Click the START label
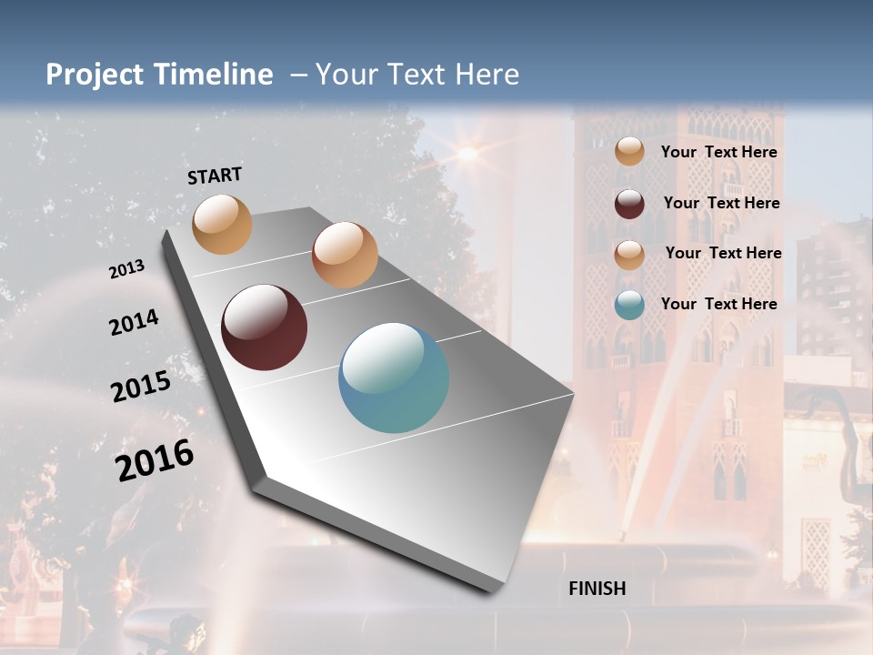tap(215, 176)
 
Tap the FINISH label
tap(597, 589)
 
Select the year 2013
tap(126, 269)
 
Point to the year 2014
tap(134, 322)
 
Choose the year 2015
tap(141, 387)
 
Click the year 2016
tap(155, 460)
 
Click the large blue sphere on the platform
tap(393, 378)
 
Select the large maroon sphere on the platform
tap(264, 327)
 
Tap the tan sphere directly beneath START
tap(223, 224)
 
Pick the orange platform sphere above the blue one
tap(345, 255)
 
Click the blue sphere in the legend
tap(629, 305)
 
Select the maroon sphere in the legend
tap(629, 204)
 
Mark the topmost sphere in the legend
tap(629, 151)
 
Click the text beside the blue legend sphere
tap(718, 304)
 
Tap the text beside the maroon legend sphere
tap(721, 203)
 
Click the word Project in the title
tap(95, 75)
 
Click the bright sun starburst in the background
tap(467, 153)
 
